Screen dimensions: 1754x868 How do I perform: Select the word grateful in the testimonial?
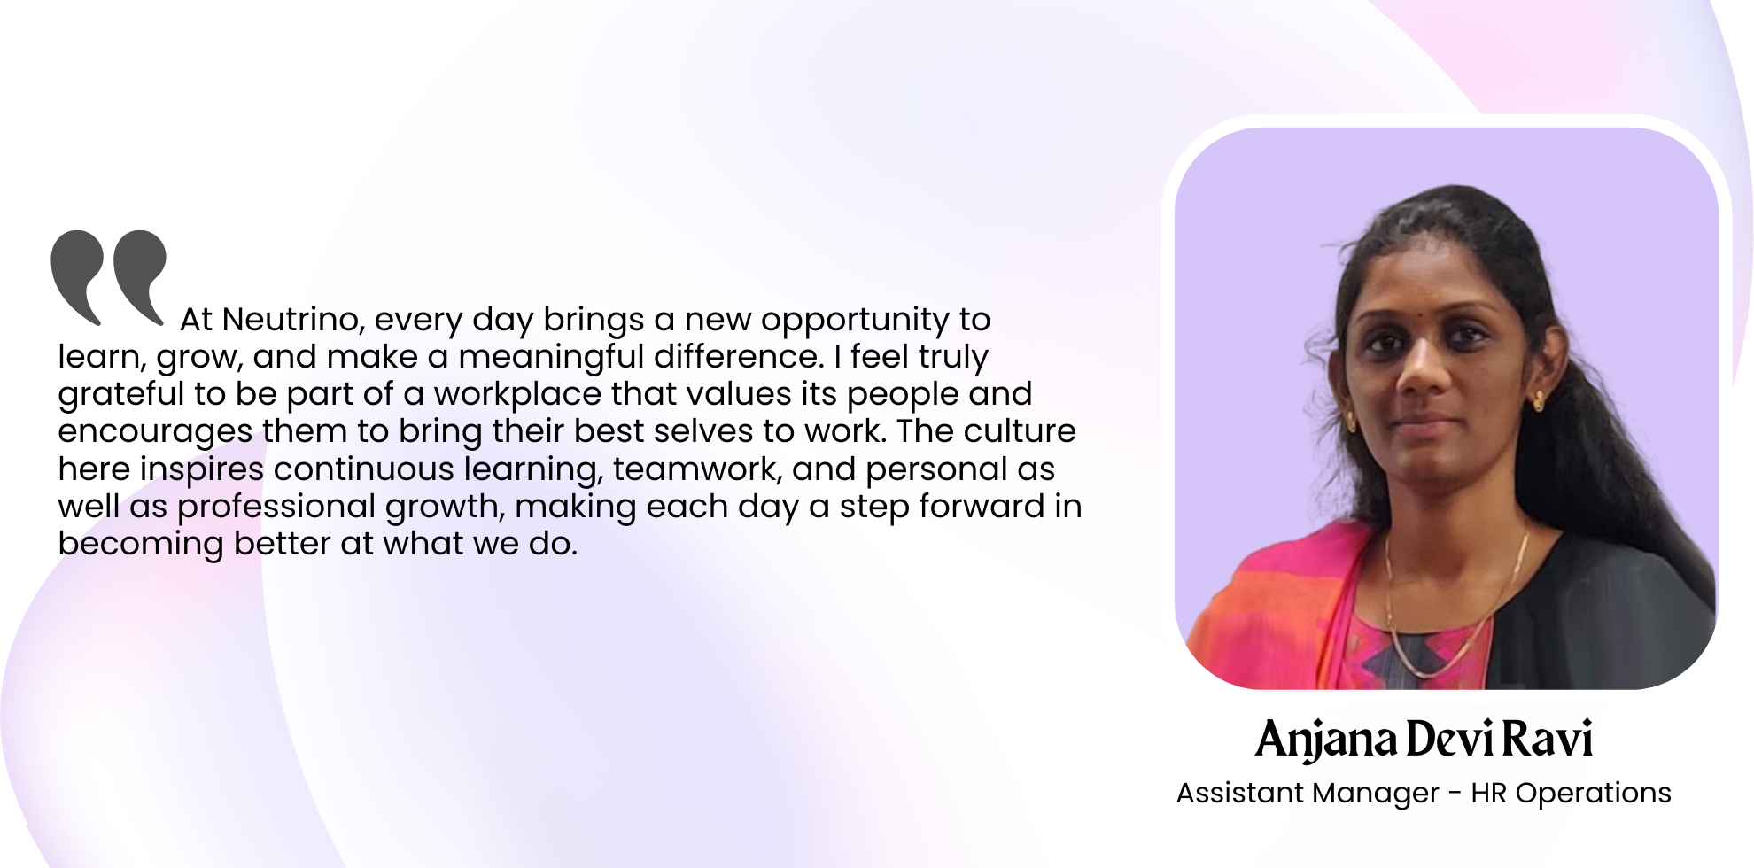click(120, 395)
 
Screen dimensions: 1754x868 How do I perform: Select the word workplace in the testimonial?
click(517, 395)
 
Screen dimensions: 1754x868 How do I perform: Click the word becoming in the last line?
click(141, 545)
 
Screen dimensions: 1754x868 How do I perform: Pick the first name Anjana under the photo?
click(1326, 740)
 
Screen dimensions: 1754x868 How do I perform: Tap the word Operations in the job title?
click(1594, 794)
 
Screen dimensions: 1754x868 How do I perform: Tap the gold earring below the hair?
click(1539, 400)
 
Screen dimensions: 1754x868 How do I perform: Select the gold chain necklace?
click(1453, 611)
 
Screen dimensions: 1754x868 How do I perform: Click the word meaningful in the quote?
click(551, 358)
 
